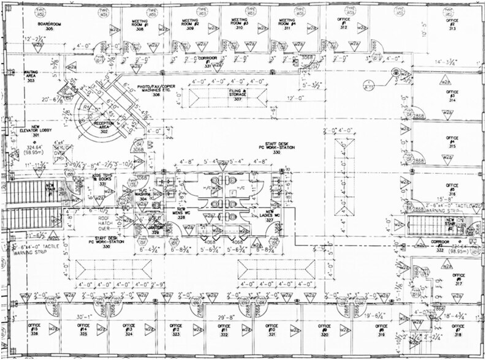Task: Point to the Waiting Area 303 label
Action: click(x=31, y=76)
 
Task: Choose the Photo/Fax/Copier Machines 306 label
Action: click(x=156, y=91)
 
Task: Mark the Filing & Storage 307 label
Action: click(x=238, y=95)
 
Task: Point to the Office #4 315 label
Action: click(x=452, y=143)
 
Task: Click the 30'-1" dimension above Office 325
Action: click(x=83, y=316)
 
